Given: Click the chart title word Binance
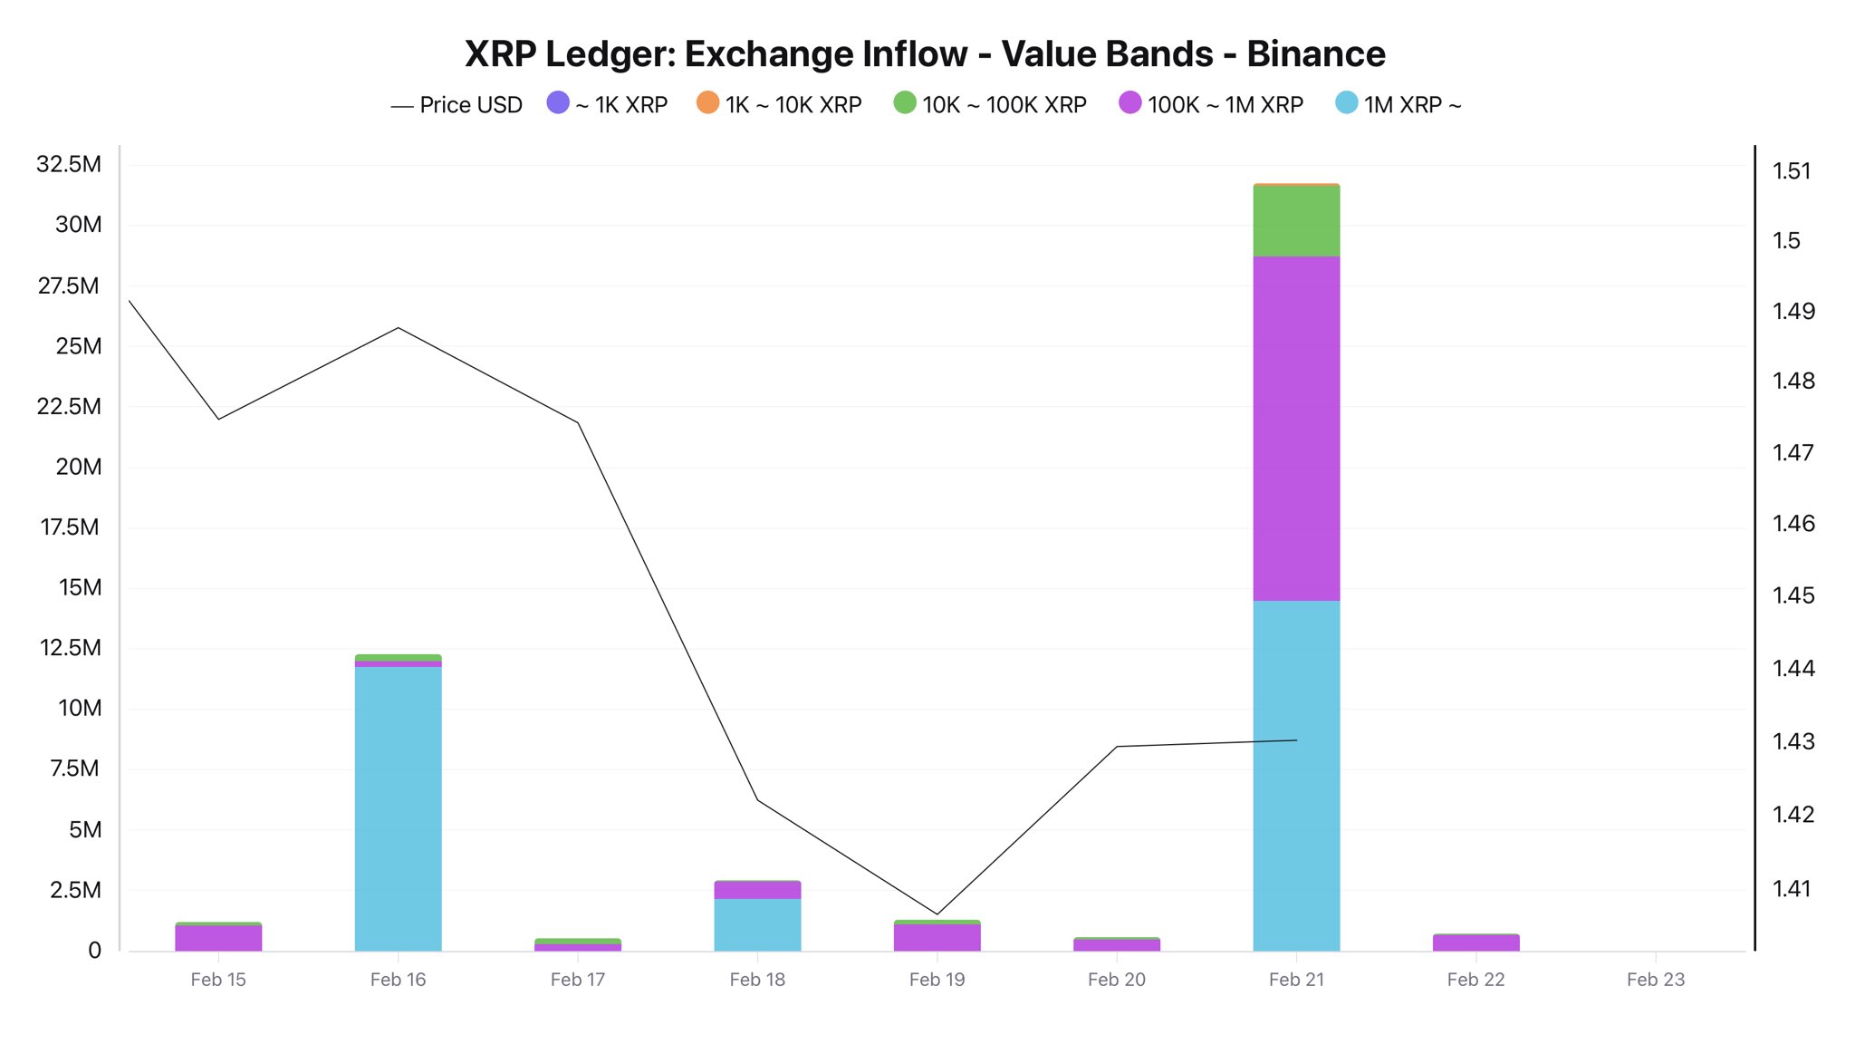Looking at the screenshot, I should [x=1315, y=54].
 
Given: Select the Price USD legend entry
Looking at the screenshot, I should [x=457, y=105].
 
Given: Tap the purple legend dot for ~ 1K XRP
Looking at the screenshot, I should [x=558, y=103].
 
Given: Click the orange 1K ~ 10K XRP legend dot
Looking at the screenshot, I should [x=707, y=103].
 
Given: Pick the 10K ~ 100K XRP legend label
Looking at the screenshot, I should [x=1004, y=105].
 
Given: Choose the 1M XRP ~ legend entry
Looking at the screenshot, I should [x=1399, y=105].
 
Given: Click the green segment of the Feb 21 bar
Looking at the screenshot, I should [x=1296, y=221].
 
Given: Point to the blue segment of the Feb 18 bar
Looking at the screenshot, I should [x=757, y=924].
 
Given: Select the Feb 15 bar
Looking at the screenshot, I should [x=218, y=938].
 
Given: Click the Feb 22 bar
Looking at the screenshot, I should [x=1475, y=942].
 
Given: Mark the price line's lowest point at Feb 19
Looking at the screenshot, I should [x=937, y=914].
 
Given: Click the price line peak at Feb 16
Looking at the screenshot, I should [x=399, y=327].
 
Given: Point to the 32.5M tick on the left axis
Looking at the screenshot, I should [x=69, y=164].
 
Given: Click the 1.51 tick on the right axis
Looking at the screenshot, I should [x=1792, y=171].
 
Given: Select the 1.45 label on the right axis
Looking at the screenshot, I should [x=1793, y=595].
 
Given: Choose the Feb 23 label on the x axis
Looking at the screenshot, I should [x=1655, y=980].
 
